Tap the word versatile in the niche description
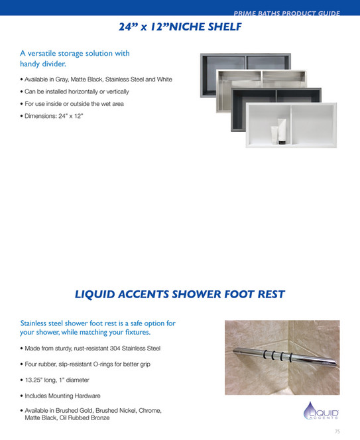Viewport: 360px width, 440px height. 52,53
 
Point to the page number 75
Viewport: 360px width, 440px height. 337,431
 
